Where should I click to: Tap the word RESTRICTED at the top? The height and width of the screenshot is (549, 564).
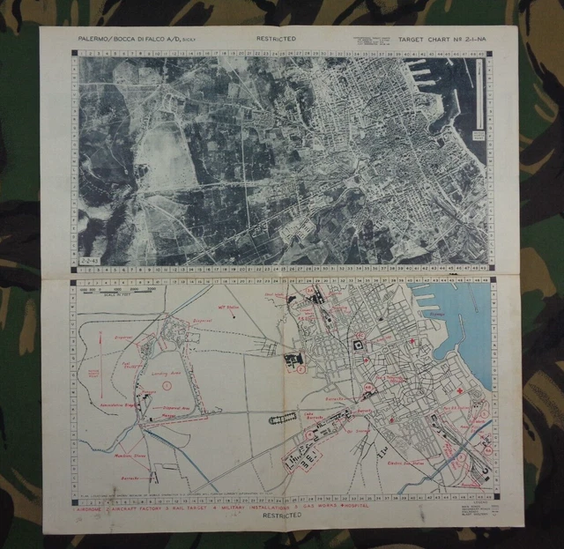276,39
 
